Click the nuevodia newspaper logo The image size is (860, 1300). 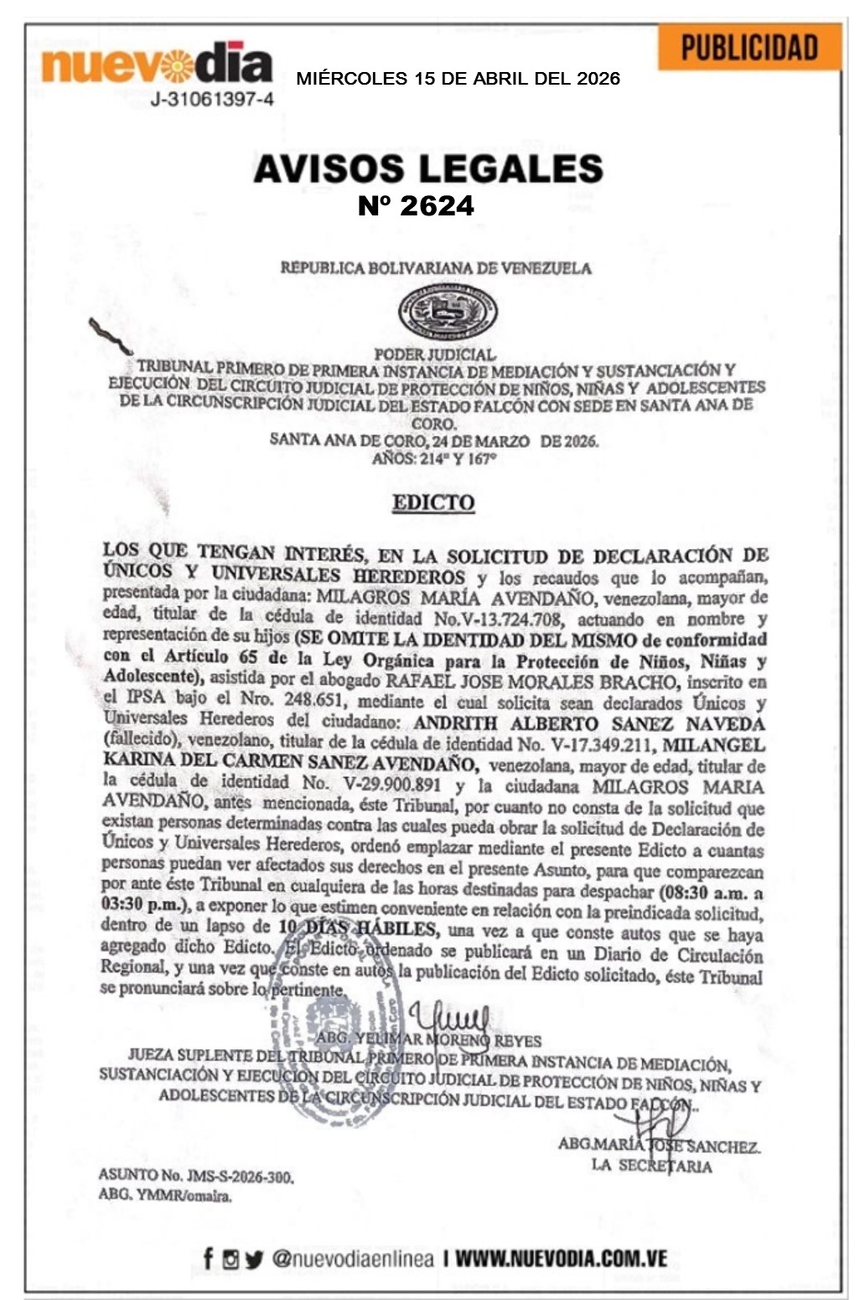(x=157, y=65)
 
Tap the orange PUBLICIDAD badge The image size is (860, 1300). (x=749, y=48)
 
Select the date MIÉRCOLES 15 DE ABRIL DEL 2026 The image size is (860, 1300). (x=458, y=79)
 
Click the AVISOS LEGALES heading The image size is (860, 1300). (x=427, y=168)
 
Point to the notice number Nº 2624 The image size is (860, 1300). (x=416, y=205)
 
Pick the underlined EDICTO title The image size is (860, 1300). (x=433, y=503)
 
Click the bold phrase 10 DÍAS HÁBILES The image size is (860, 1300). (x=357, y=929)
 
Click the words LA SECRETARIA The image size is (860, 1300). (x=651, y=1165)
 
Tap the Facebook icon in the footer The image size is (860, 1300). (x=208, y=1257)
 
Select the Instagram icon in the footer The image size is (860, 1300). (x=231, y=1258)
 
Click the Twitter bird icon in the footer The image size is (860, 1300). (x=254, y=1258)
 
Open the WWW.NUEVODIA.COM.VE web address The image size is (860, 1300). (x=561, y=1258)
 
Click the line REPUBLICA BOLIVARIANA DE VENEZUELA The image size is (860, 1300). (x=435, y=268)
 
